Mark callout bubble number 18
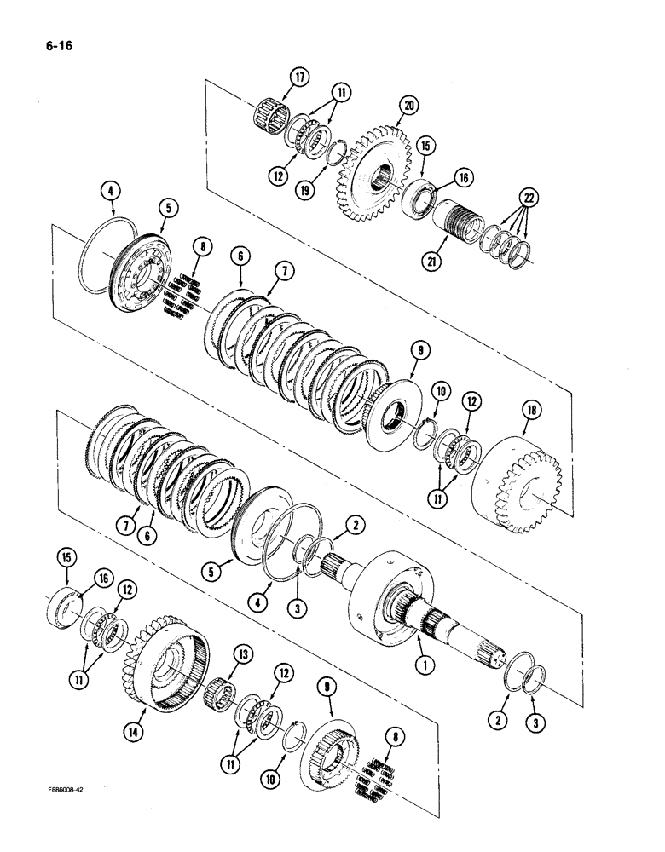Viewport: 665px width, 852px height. tap(522, 412)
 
